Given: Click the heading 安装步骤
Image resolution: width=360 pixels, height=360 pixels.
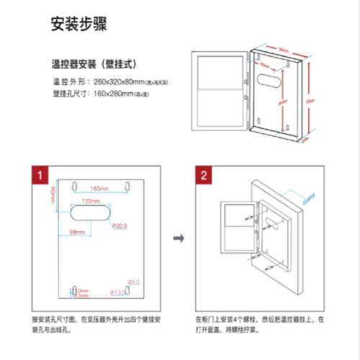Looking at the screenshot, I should click(79, 23).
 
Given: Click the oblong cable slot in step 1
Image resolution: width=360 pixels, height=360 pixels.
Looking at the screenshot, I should click(91, 214).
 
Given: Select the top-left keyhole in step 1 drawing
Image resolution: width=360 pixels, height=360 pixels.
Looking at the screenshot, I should click(74, 186).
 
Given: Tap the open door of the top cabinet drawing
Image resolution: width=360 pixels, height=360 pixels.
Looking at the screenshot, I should click(220, 97).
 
